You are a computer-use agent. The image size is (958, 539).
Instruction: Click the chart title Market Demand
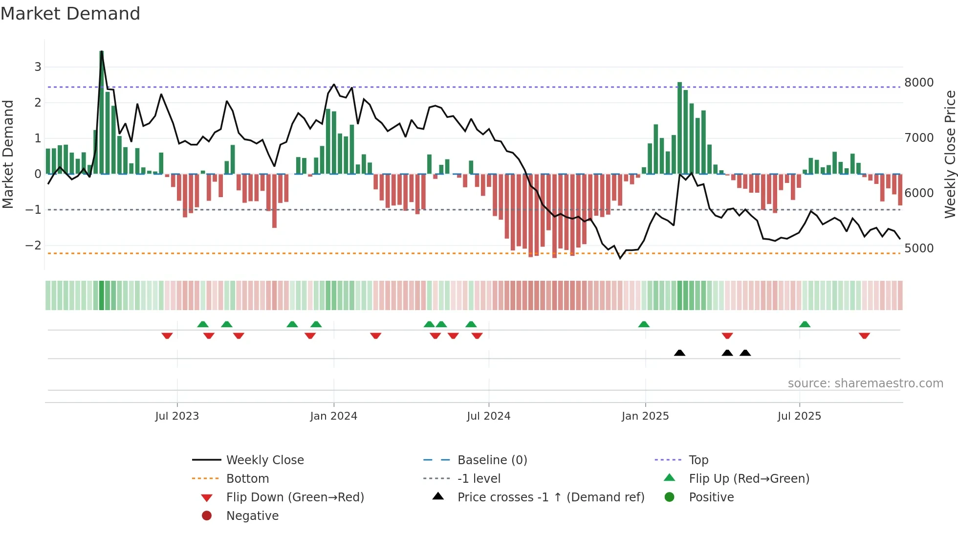pyautogui.click(x=70, y=14)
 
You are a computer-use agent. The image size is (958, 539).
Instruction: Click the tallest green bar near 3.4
pyautogui.click(x=102, y=112)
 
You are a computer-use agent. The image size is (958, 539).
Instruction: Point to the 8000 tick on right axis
pyautogui.click(x=919, y=83)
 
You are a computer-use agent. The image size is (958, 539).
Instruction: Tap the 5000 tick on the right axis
pyautogui.click(x=919, y=248)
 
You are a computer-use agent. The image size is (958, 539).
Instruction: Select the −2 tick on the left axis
pyautogui.click(x=33, y=246)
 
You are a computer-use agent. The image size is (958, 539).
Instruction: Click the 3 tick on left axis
pyautogui.click(x=38, y=67)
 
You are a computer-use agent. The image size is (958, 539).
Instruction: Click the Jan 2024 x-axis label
pyautogui.click(x=333, y=416)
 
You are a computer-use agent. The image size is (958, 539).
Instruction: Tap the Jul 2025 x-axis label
pyautogui.click(x=799, y=416)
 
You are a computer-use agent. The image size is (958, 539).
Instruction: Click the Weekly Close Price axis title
pyautogui.click(x=950, y=154)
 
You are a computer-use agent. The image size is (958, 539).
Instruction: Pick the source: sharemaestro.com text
pyautogui.click(x=865, y=383)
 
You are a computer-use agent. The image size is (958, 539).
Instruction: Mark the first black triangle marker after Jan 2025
pyautogui.click(x=679, y=353)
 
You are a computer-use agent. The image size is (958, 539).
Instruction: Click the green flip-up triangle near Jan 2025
pyautogui.click(x=644, y=324)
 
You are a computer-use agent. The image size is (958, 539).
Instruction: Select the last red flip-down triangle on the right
pyautogui.click(x=864, y=336)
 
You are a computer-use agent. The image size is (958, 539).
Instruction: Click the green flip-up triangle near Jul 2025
pyautogui.click(x=805, y=324)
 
